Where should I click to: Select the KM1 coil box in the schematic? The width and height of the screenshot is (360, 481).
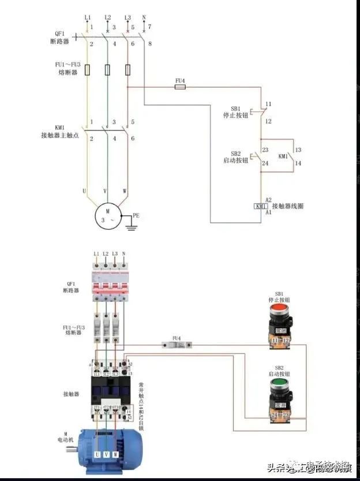pos(261,206)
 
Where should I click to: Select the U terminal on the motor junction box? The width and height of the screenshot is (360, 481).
pos(97,455)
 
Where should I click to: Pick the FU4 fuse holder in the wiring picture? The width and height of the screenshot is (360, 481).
pos(177,345)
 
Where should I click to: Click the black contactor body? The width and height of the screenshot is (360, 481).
pos(109,390)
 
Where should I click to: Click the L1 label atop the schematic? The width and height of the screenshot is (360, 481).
pos(88,18)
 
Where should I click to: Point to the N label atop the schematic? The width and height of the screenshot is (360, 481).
pos(144,18)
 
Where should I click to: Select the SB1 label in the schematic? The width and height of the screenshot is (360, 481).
pos(235,108)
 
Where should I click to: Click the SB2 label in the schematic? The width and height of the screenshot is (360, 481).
pos(235,154)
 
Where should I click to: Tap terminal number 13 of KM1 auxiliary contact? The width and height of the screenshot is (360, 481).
pos(298,150)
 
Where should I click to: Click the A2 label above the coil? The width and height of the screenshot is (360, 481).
pos(268,199)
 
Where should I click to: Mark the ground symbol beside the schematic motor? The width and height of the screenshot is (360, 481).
pos(132,226)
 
